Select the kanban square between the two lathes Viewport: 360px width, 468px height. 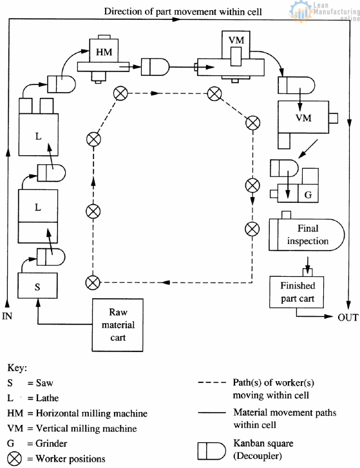point(49,173)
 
